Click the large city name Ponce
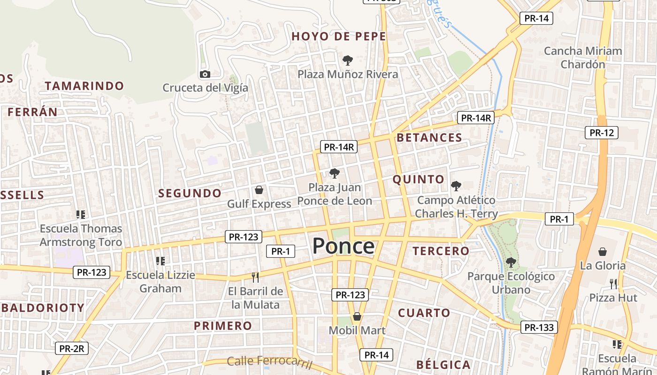[x=344, y=246]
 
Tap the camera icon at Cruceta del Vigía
[x=205, y=74]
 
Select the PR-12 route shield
[x=602, y=133]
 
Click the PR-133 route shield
[x=539, y=327]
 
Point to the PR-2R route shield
[x=72, y=348]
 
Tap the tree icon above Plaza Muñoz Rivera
[x=348, y=60]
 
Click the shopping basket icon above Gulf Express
[x=259, y=190]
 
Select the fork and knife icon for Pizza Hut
[x=613, y=284]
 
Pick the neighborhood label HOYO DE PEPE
[x=339, y=37]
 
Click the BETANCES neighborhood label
[x=429, y=137]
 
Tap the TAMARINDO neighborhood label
[x=84, y=86]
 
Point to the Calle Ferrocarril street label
[x=269, y=362]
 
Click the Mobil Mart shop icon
[x=357, y=316]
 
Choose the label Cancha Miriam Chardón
[x=583, y=57]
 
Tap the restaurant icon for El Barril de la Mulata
[x=255, y=277]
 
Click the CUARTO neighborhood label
[x=424, y=313]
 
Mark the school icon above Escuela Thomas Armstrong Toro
[x=81, y=215]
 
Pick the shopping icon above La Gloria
[x=603, y=252]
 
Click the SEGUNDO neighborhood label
[x=190, y=193]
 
